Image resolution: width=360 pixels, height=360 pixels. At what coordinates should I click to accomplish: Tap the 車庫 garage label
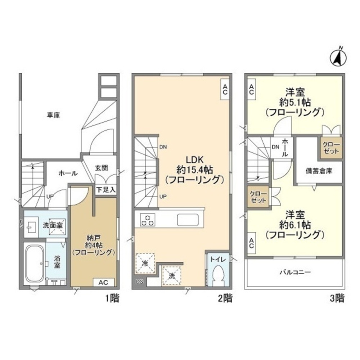(x=53, y=116)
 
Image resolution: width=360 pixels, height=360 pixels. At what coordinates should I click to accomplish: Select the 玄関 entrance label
(x=102, y=167)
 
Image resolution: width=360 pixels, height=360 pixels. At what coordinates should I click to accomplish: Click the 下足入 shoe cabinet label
(x=105, y=189)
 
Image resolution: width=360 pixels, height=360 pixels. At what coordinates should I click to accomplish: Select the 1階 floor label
(x=112, y=298)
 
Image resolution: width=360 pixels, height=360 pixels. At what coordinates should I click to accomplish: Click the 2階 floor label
(x=225, y=298)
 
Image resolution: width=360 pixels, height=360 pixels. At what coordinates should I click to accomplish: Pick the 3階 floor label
(x=337, y=298)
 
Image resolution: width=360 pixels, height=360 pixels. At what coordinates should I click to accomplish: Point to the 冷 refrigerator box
(x=145, y=263)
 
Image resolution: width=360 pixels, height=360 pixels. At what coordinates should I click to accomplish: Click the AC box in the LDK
(x=225, y=89)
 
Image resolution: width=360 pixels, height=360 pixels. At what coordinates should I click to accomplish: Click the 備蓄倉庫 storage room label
(x=319, y=171)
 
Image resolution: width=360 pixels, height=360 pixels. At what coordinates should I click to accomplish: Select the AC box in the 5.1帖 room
(x=251, y=89)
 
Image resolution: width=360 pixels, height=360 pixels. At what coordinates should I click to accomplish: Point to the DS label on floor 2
(x=140, y=282)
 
